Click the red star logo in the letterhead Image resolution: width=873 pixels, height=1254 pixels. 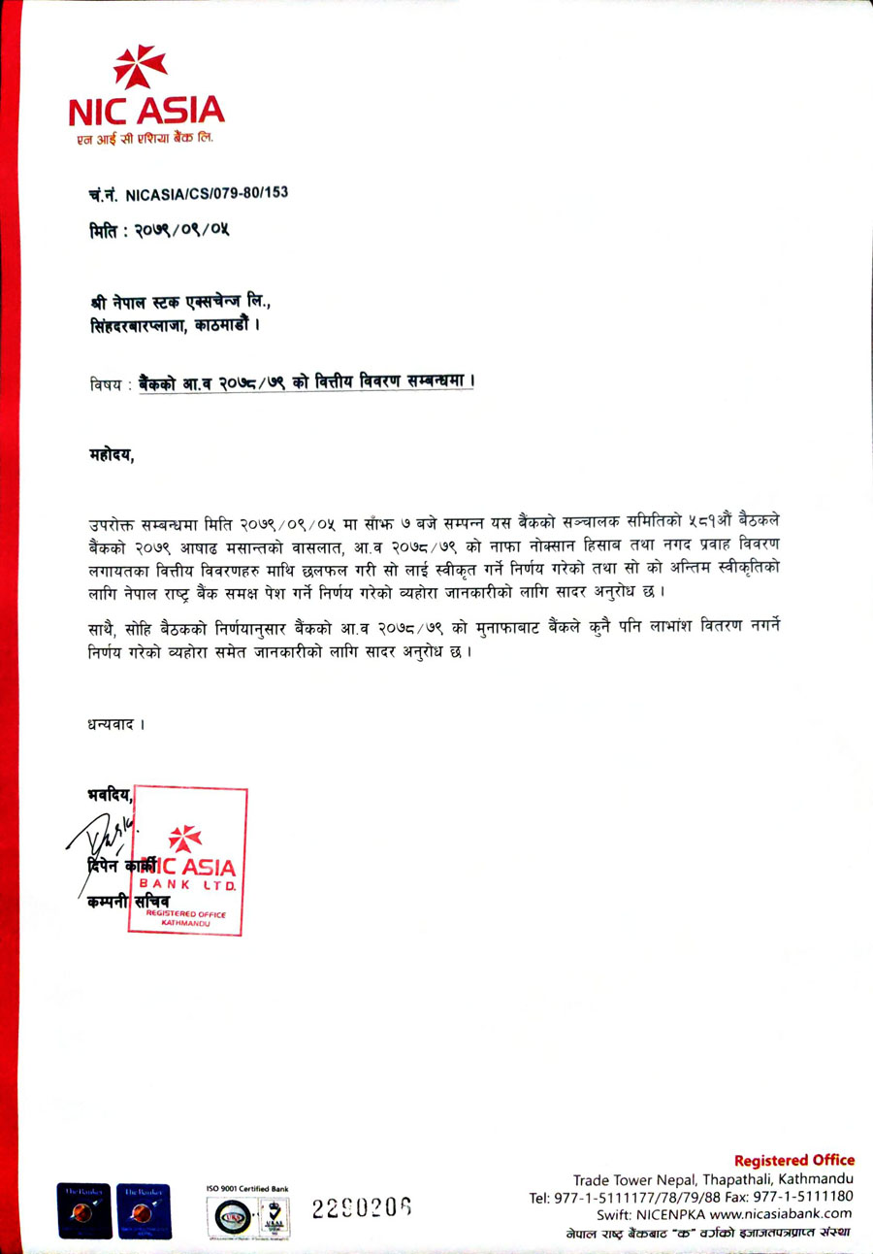(140, 66)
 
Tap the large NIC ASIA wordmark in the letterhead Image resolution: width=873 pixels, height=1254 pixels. (145, 110)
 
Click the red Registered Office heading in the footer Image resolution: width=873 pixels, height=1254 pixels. (793, 1160)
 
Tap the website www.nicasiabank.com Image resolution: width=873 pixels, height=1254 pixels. (780, 1213)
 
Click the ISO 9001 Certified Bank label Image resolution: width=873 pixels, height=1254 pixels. (246, 1187)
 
